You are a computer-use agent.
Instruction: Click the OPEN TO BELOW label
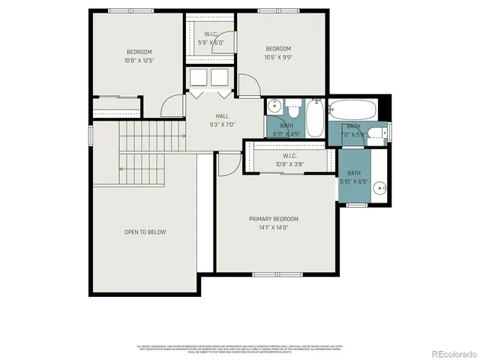[x=145, y=232]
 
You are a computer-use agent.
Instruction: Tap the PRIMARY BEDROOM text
[x=274, y=219]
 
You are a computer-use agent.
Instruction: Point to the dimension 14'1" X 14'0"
[x=274, y=227]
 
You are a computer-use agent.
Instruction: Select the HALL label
[x=223, y=115]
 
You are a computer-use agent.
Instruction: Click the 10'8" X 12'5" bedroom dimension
[x=139, y=60]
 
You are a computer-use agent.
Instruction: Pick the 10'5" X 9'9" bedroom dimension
[x=278, y=56]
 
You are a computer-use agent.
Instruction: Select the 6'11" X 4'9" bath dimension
[x=287, y=133]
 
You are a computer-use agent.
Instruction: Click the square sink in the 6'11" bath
[x=275, y=106]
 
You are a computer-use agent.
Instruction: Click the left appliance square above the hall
[x=199, y=78]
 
